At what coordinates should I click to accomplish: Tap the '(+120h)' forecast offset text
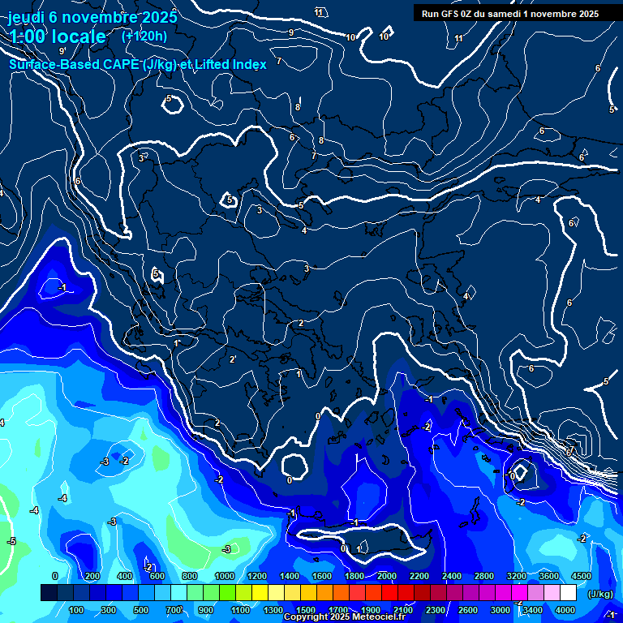(144, 36)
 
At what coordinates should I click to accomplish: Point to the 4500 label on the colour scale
(580, 576)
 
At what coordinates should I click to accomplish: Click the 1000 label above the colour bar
(224, 576)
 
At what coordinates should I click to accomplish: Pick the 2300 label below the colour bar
(436, 610)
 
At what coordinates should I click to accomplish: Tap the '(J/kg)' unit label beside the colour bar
(599, 594)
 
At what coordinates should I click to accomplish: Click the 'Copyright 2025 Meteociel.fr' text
(344, 617)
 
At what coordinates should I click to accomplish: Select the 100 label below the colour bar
(77, 610)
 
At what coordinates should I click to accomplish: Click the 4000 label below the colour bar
(565, 610)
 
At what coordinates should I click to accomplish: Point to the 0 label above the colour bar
(54, 576)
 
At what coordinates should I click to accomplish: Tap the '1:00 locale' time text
(58, 37)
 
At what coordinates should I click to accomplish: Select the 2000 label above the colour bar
(386, 576)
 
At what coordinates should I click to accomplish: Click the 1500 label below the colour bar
(305, 610)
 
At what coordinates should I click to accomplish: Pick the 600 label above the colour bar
(157, 576)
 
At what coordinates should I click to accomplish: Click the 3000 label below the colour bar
(501, 610)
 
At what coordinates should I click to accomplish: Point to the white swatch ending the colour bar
(568, 594)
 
